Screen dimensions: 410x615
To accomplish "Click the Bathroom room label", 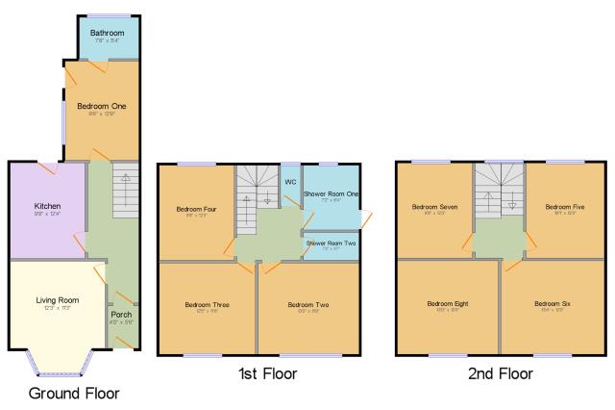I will pyautogui.click(x=108, y=33).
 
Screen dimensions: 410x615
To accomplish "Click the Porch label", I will pyautogui.click(x=121, y=315).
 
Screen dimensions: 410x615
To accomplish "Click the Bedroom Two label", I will pyautogui.click(x=307, y=305).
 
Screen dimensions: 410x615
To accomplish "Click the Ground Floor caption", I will pyautogui.click(x=74, y=393).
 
